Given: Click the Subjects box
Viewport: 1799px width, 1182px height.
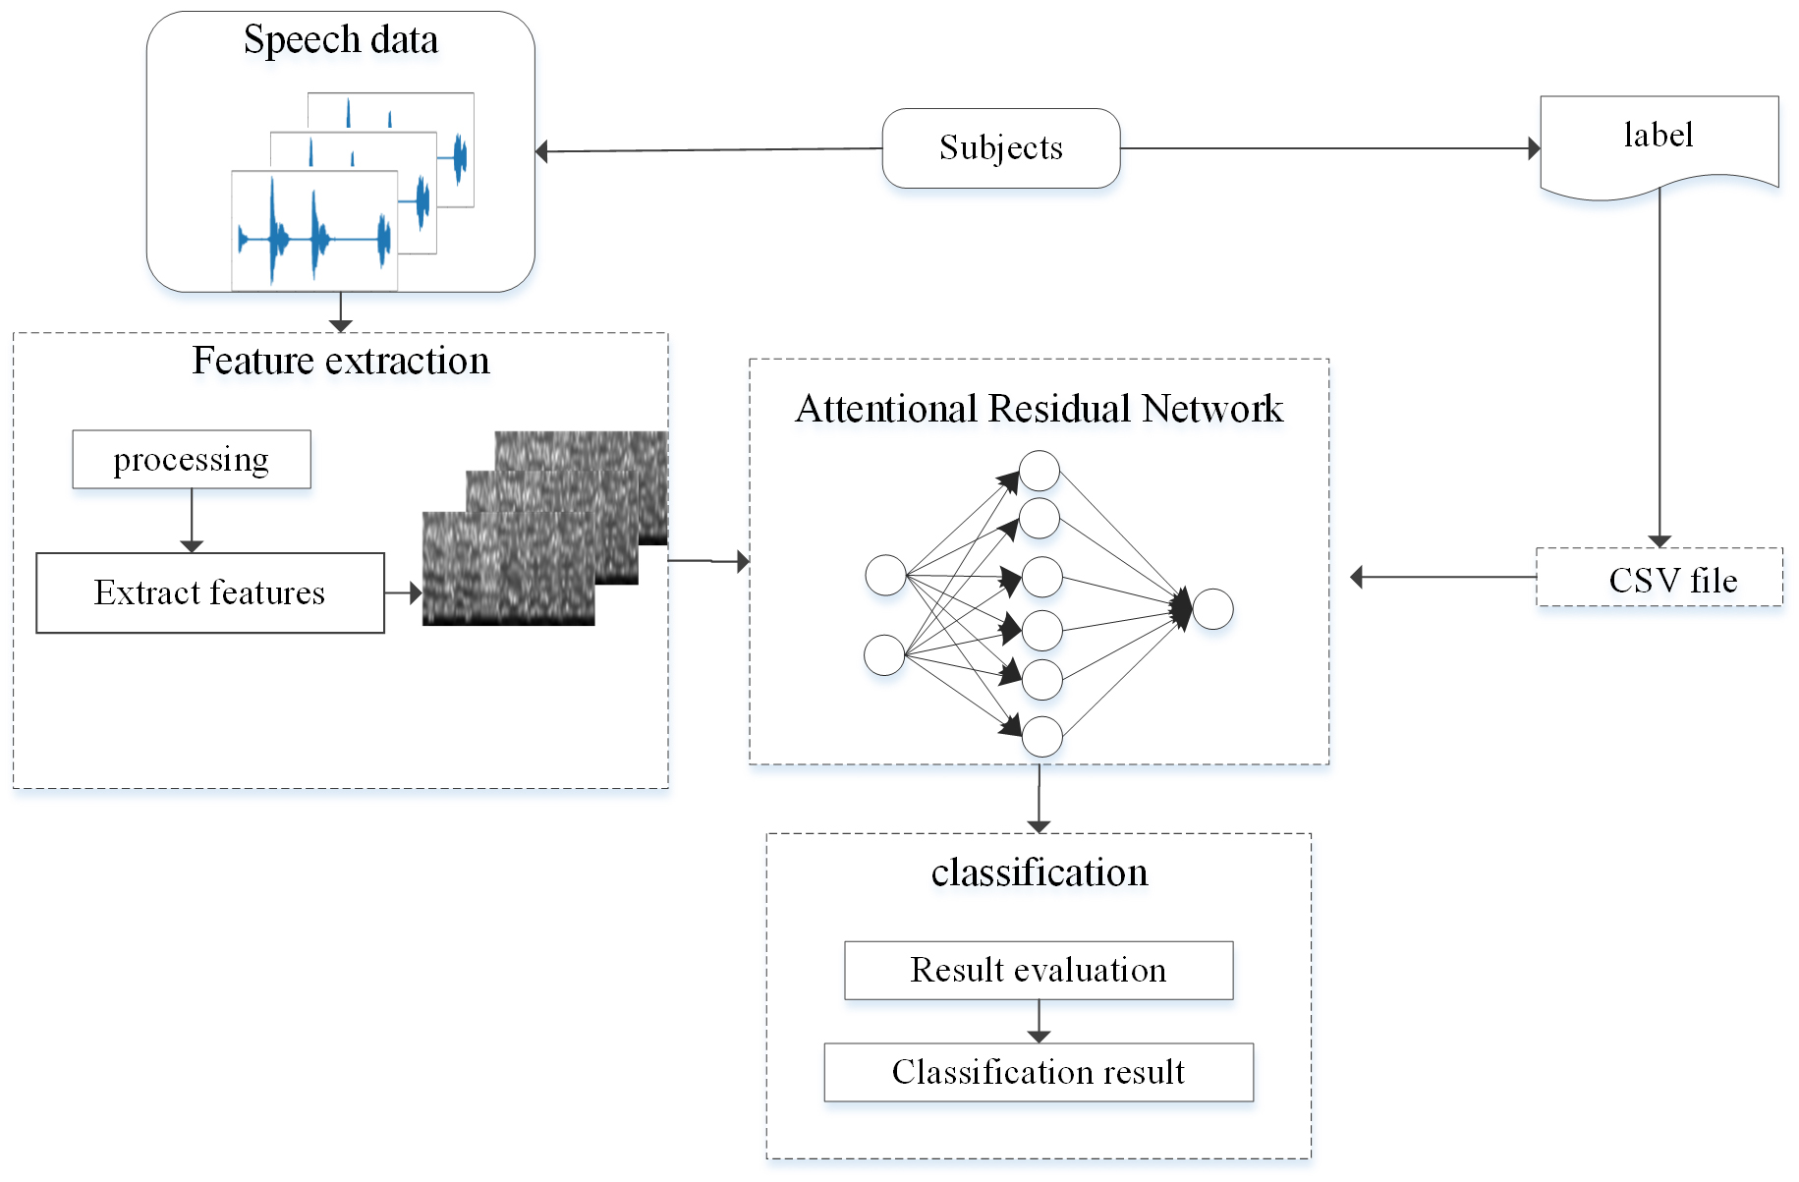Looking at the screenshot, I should (1000, 148).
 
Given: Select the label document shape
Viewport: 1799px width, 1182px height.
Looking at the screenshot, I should (1658, 142).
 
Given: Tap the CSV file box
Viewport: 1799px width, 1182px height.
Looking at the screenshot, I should (1659, 578).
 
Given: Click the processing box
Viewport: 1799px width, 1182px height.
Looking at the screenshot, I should (192, 460).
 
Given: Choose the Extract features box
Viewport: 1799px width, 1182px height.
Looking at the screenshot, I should (209, 592).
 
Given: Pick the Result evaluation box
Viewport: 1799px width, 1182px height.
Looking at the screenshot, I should (1039, 971).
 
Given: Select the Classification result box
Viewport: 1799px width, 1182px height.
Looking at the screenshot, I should (1039, 1072).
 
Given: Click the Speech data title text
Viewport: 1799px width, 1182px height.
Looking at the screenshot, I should (341, 40).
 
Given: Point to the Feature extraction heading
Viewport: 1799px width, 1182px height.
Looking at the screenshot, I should (341, 362).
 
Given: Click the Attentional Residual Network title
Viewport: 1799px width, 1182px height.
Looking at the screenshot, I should (1039, 409).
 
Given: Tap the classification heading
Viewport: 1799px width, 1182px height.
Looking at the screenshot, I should (1039, 872).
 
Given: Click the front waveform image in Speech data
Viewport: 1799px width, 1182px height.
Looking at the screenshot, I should (314, 232).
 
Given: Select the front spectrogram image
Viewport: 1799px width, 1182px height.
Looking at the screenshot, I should (508, 568).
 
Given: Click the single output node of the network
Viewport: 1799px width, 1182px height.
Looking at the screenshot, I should (1213, 609).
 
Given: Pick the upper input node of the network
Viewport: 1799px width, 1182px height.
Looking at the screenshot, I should (885, 576).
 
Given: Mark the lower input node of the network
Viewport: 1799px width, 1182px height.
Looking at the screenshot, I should (884, 655).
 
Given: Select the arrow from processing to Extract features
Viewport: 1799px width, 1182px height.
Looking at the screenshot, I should (192, 520).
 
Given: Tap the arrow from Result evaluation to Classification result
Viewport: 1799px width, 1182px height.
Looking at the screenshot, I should (1039, 1022).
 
